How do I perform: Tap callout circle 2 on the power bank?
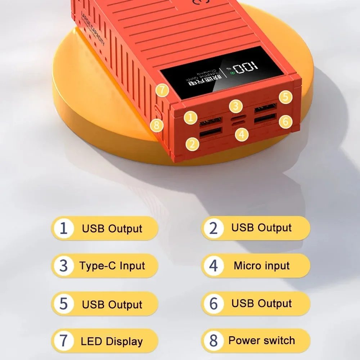(x=193, y=144)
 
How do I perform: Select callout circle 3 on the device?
(x=235, y=106)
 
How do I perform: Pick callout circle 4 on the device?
(x=242, y=135)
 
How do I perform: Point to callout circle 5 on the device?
(x=285, y=97)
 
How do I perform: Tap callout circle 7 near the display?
(x=163, y=90)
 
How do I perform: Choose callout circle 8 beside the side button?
(x=157, y=125)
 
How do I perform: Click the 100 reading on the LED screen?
(x=245, y=67)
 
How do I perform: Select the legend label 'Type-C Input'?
(x=112, y=266)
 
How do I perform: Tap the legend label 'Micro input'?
(x=262, y=266)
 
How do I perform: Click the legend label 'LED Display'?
(x=112, y=341)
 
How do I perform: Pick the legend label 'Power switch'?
(x=262, y=340)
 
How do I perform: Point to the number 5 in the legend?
(x=63, y=304)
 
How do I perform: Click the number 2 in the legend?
(x=213, y=228)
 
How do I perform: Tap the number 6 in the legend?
(x=213, y=303)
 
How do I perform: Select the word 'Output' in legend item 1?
(x=125, y=229)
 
